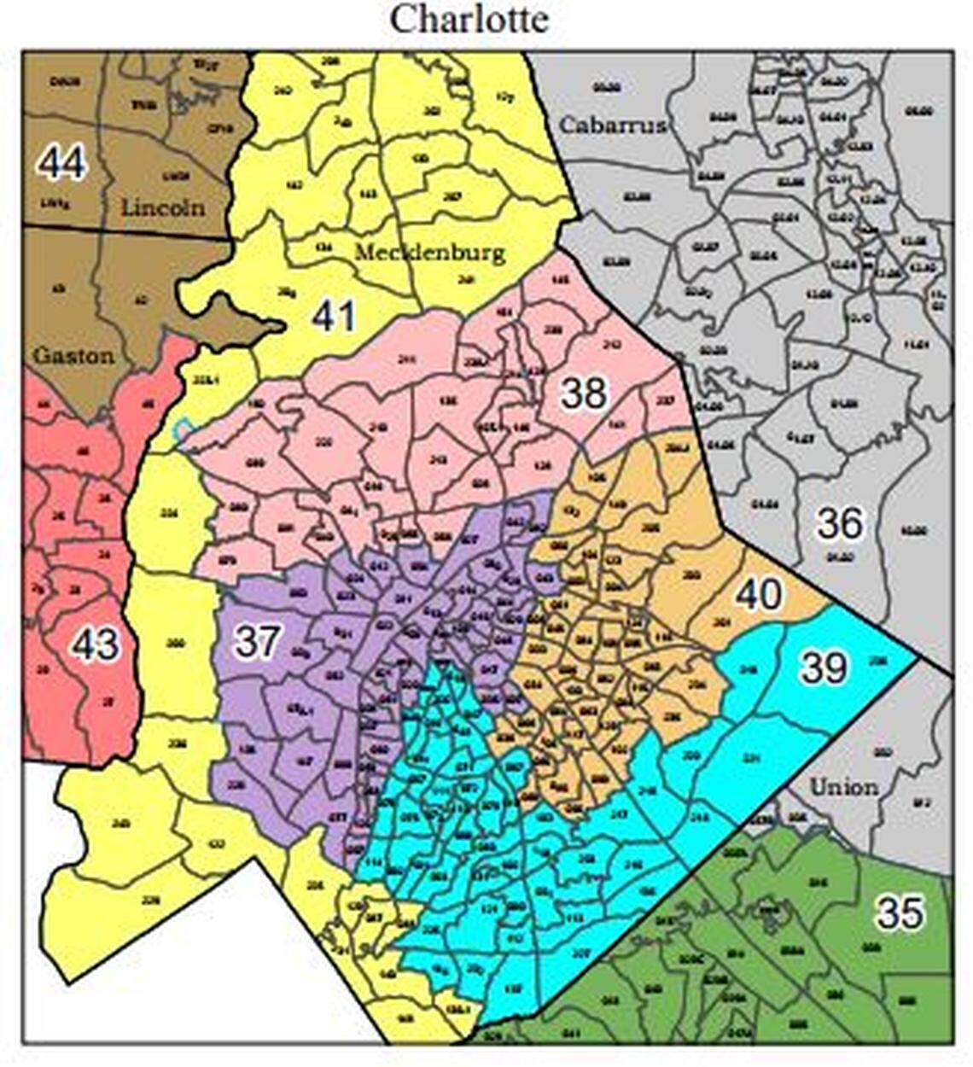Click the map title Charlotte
coord(469,19)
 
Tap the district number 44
coord(61,162)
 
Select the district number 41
coord(333,318)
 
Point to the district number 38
coord(584,394)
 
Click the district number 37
coord(255,640)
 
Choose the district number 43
coord(94,644)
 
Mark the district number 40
coord(758,594)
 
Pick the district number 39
coord(824,668)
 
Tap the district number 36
coord(840,523)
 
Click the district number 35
coord(900,912)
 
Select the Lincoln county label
coord(162,207)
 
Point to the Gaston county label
coord(73,355)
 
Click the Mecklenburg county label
coord(429,253)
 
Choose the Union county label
coord(842,786)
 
